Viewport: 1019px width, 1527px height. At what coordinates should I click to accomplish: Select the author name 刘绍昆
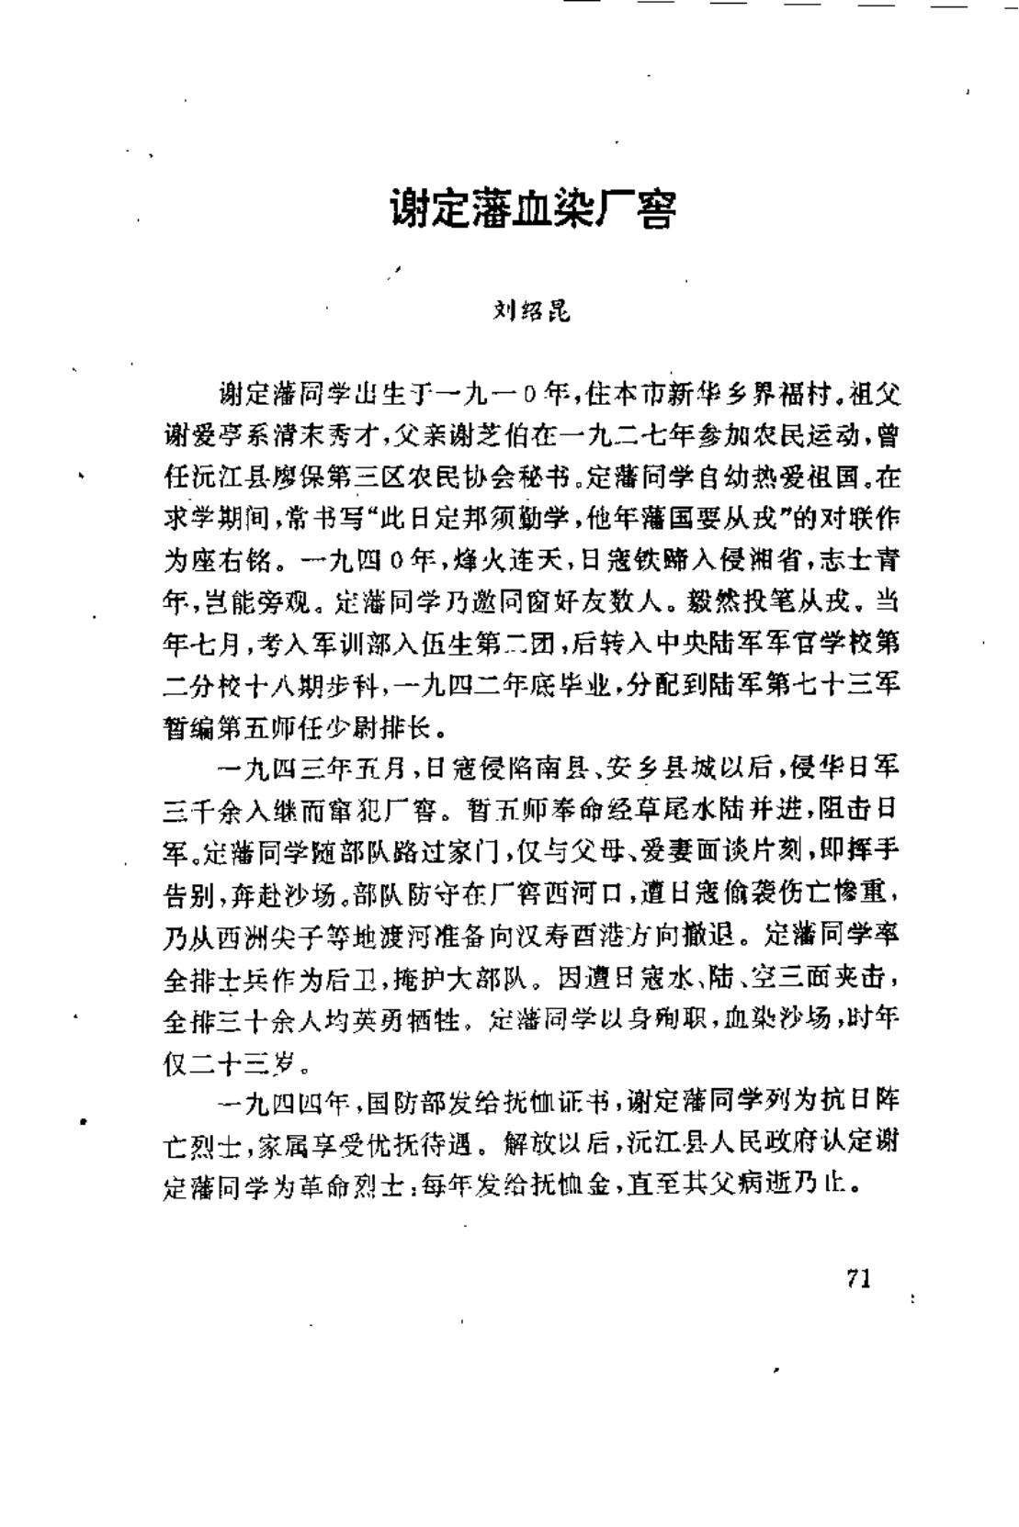[532, 312]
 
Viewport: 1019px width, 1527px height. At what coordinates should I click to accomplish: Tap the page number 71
[858, 1278]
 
